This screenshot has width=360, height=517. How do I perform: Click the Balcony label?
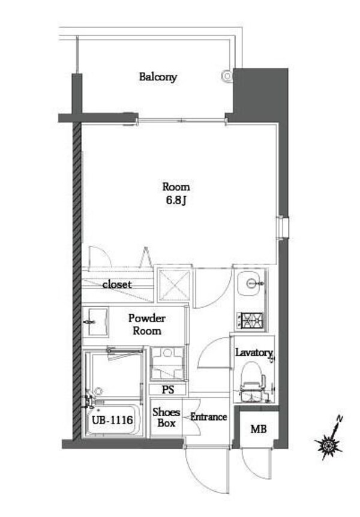point(158,77)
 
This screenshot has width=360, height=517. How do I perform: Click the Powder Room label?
point(146,324)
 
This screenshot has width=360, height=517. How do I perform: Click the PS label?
point(168,390)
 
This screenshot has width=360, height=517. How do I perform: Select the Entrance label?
point(208,416)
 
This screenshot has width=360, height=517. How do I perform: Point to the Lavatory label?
point(254,353)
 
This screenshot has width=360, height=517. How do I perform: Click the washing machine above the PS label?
point(167,363)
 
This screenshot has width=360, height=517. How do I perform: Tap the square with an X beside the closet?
point(175,284)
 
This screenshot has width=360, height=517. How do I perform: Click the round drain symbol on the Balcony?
point(227,76)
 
